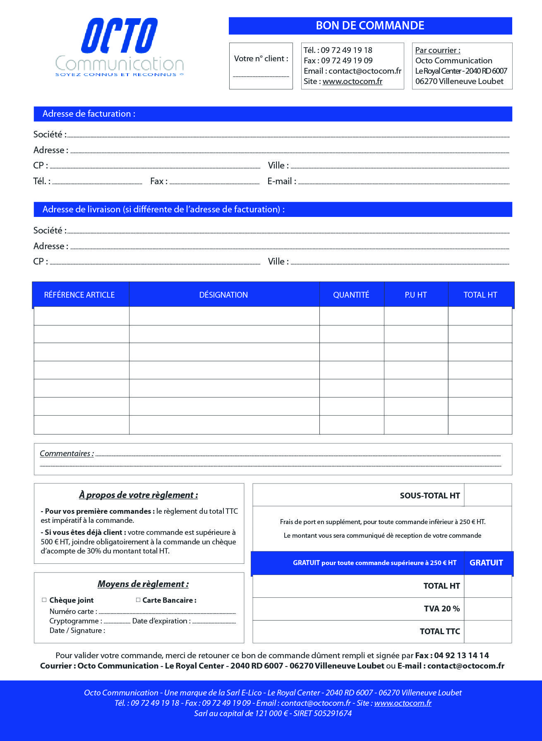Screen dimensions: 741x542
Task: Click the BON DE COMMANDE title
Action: click(x=370, y=26)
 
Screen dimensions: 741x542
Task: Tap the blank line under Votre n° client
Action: click(x=261, y=76)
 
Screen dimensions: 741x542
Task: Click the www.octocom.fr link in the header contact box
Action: click(x=353, y=82)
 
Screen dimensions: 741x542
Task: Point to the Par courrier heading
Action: click(x=438, y=51)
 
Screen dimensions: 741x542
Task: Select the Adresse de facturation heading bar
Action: click(x=273, y=114)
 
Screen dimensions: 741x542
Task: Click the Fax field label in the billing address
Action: click(x=158, y=181)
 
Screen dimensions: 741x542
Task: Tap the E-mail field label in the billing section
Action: click(x=281, y=181)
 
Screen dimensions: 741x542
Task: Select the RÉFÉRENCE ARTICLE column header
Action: click(x=79, y=295)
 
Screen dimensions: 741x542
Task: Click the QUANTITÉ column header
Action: click(x=351, y=295)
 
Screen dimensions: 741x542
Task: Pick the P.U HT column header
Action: click(x=416, y=295)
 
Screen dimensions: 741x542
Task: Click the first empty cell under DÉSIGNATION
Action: click(x=224, y=316)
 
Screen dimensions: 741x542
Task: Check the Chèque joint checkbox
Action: click(x=44, y=600)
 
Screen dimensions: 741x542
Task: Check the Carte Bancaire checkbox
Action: click(x=138, y=600)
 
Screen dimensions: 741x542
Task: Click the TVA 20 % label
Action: click(x=441, y=609)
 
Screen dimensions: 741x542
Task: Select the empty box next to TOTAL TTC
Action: click(x=487, y=632)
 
